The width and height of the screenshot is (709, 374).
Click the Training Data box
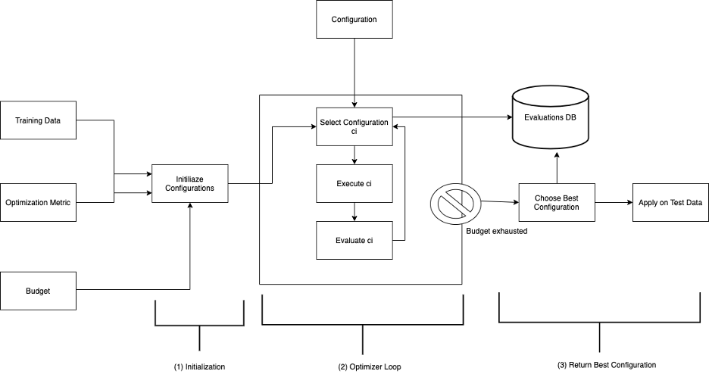pyautogui.click(x=38, y=120)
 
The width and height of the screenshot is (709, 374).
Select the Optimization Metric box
pyautogui.click(x=38, y=202)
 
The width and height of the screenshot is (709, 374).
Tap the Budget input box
pyautogui.click(x=38, y=291)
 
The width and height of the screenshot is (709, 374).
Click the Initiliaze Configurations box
pyautogui.click(x=190, y=183)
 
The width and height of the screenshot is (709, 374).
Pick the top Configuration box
pyautogui.click(x=354, y=20)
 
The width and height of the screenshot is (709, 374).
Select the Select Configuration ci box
pyautogui.click(x=354, y=126)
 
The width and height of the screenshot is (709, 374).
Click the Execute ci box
pyautogui.click(x=354, y=183)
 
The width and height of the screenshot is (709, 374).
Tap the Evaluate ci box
pyautogui.click(x=354, y=240)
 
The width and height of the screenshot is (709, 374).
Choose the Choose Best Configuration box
pyautogui.click(x=557, y=202)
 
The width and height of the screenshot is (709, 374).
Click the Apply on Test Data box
pyautogui.click(x=670, y=202)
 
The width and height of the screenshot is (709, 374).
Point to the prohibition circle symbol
pyautogui.click(x=456, y=202)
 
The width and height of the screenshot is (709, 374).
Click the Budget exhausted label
pyautogui.click(x=496, y=231)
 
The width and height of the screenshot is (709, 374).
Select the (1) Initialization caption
pyautogui.click(x=199, y=366)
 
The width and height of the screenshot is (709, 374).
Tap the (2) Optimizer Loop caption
pyautogui.click(x=370, y=366)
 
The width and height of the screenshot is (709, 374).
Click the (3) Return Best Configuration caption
pyautogui.click(x=606, y=365)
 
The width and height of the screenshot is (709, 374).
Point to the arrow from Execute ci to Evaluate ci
pyautogui.click(x=354, y=212)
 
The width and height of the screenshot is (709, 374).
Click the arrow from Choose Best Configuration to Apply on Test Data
pyautogui.click(x=614, y=202)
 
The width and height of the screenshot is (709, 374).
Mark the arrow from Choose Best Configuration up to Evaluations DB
pyautogui.click(x=557, y=167)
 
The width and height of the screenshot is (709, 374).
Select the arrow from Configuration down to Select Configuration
pyautogui.click(x=354, y=73)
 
